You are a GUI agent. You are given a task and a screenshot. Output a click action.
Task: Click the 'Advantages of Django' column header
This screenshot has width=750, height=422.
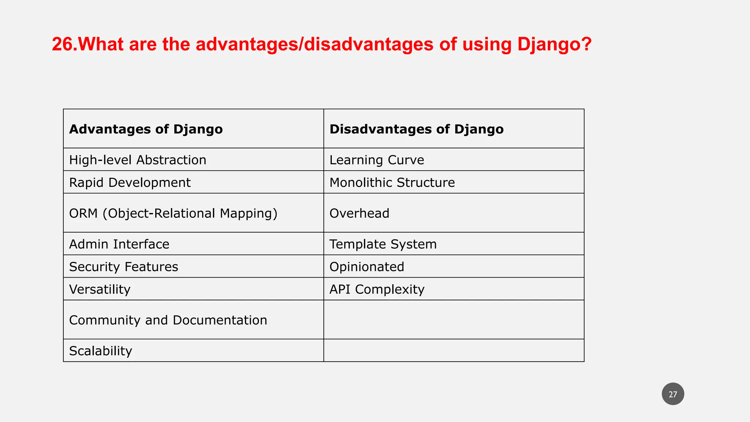pos(146,129)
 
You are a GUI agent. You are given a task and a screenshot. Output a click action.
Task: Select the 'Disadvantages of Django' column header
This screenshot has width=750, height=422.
pos(416,129)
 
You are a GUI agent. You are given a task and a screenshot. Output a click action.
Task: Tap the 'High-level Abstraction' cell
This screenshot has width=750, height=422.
pos(138,160)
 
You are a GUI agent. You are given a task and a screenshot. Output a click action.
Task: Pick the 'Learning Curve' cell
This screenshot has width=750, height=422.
pos(376,160)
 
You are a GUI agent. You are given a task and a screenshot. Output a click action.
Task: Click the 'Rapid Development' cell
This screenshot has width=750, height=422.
pos(130,182)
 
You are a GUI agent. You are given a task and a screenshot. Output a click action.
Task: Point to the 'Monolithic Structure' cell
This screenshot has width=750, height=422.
pos(392,182)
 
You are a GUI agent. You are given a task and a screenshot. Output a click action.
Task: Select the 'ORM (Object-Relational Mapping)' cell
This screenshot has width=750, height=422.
pos(173,213)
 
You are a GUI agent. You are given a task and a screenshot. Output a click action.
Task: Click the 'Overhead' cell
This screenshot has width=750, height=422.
pos(359,213)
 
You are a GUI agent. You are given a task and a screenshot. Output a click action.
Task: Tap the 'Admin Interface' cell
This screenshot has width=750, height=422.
pos(119,244)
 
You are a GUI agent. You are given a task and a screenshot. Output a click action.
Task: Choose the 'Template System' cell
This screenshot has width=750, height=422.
pos(383,244)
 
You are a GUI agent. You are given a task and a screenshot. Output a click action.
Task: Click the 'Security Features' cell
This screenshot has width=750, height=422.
pos(123,267)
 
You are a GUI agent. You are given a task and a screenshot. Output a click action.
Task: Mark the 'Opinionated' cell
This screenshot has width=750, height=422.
pos(367,267)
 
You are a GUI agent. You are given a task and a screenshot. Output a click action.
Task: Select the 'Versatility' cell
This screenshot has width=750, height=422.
pos(100,289)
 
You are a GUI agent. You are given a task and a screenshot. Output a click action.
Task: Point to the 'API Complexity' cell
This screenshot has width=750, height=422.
pos(377,289)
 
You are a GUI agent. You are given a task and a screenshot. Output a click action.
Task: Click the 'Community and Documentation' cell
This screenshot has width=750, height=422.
pos(168,320)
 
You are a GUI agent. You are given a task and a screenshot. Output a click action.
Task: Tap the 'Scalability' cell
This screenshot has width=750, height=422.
pos(100,351)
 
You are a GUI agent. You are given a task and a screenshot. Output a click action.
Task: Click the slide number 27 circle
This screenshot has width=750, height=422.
pos(673,394)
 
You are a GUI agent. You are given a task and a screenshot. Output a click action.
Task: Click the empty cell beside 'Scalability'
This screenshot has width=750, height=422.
pos(453,351)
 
